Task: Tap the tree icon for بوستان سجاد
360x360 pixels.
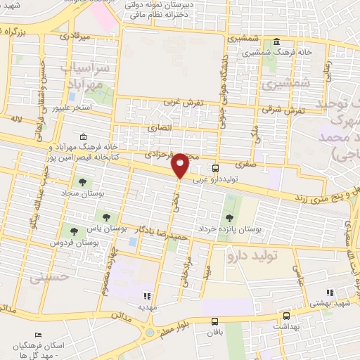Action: (x=83, y=182)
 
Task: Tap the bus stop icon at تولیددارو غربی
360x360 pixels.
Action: (x=215, y=168)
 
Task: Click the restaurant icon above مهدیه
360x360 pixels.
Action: (x=147, y=296)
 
